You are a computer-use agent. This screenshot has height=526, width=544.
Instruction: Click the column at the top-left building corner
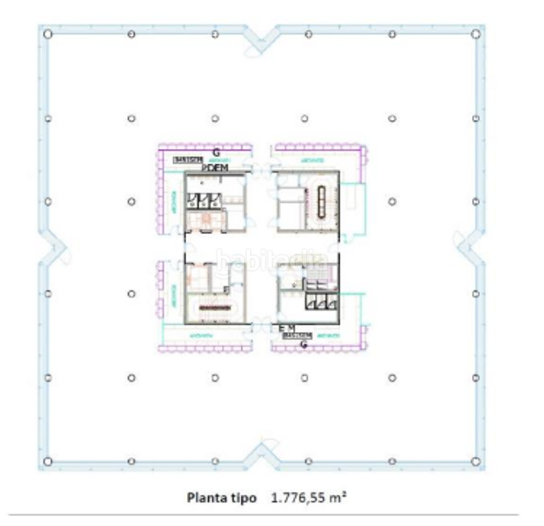coord(47,33)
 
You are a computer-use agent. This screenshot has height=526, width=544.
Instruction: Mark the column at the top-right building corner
coord(476,33)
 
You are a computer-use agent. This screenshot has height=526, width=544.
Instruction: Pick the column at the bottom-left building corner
coord(47,462)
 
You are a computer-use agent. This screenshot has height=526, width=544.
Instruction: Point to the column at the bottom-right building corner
coord(476,462)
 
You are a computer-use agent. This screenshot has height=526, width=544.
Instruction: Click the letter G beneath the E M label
coord(303,345)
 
